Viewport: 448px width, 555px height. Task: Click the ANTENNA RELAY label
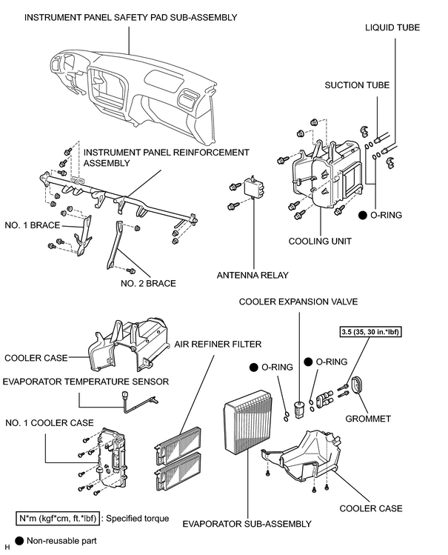click(x=253, y=275)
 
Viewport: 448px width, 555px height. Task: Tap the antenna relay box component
click(x=255, y=187)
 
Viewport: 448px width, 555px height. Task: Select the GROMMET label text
click(x=368, y=419)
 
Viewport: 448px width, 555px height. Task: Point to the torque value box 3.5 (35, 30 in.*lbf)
click(x=371, y=332)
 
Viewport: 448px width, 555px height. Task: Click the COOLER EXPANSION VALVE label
click(x=298, y=302)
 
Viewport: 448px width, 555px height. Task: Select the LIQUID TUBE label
click(x=392, y=27)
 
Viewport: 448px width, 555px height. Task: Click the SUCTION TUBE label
click(x=357, y=85)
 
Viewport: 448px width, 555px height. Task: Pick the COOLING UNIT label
click(x=320, y=242)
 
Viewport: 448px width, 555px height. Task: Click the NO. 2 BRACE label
click(x=148, y=283)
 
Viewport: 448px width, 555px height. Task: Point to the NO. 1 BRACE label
click(x=32, y=225)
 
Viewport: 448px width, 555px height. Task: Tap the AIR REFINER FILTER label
click(x=218, y=344)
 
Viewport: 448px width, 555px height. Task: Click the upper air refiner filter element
click(x=178, y=446)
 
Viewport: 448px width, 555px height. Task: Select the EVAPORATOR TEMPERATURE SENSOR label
click(x=86, y=382)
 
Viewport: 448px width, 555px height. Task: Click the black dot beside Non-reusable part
click(x=19, y=540)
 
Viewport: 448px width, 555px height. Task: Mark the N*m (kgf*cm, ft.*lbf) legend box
click(x=58, y=518)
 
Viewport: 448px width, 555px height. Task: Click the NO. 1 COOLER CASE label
click(x=50, y=422)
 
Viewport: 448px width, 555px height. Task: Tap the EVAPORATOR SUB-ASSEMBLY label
click(x=247, y=524)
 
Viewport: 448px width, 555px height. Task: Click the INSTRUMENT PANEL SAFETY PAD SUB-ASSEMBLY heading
click(x=131, y=17)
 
